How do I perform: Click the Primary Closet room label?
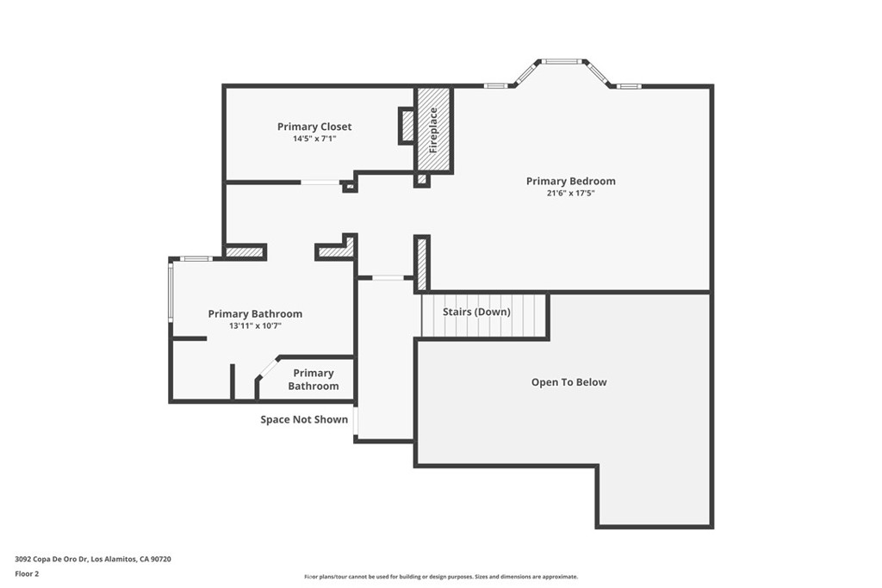pos(314,127)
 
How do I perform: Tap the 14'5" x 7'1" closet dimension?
pos(314,139)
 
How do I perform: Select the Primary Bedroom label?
pos(570,181)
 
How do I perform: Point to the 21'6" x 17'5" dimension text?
pos(570,193)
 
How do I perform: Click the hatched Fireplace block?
pos(433,129)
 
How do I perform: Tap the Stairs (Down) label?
pos(476,312)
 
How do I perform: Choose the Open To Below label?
pos(568,382)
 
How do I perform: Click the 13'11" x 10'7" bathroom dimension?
pos(255,326)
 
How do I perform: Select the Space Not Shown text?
pos(304,419)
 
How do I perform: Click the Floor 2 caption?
pos(27,573)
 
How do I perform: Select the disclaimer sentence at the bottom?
pos(440,577)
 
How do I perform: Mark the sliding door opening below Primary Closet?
pos(319,182)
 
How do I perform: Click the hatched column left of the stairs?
pos(422,263)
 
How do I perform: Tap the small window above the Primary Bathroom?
pos(196,258)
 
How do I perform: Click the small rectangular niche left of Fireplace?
pos(407,125)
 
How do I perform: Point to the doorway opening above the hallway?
pos(387,277)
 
